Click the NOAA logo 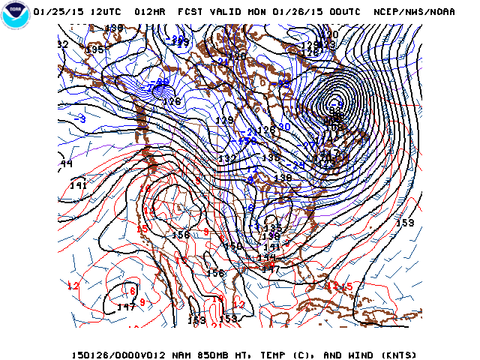pyautogui.click(x=16, y=16)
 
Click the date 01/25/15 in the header pyautogui.click(x=57, y=12)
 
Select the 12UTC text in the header pyautogui.click(x=103, y=12)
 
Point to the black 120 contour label pyautogui.click(x=330, y=34)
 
